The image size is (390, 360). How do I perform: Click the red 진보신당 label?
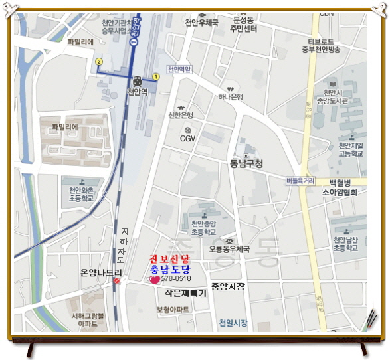[169, 258]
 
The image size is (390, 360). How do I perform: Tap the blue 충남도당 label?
[169, 269]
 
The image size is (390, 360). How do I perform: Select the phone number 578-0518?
[175, 280]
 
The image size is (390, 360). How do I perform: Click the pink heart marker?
[155, 280]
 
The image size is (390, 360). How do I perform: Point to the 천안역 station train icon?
[137, 80]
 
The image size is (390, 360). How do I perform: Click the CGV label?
[188, 139]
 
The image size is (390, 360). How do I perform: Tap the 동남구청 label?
[246, 163]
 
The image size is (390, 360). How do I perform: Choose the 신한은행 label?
[180, 114]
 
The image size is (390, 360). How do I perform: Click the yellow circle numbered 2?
[99, 61]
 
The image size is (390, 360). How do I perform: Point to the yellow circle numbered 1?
[156, 76]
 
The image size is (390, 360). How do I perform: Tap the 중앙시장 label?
[228, 286]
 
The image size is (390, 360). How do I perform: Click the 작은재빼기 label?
[185, 292]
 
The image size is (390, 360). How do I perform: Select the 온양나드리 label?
[101, 272]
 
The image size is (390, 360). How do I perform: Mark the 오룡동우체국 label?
[229, 250]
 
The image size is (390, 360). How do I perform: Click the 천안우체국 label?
[202, 23]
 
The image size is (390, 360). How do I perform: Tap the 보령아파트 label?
[173, 310]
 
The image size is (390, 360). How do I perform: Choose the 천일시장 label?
[233, 323]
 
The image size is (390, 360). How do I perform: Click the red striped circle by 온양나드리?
[117, 281]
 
